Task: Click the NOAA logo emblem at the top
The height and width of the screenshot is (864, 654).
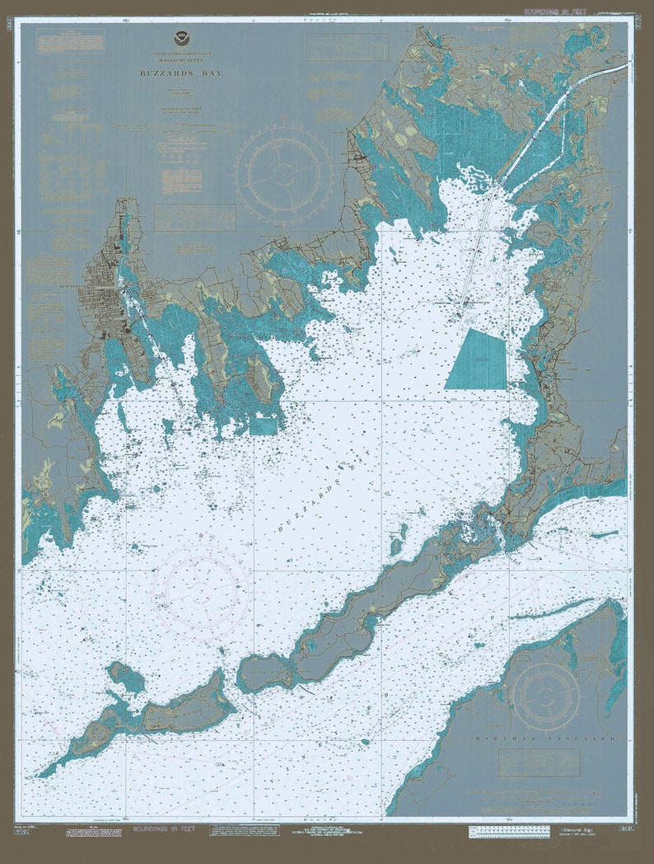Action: [180, 38]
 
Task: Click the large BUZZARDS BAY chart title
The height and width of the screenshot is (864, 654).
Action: [180, 73]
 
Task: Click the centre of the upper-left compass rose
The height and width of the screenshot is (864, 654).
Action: [283, 171]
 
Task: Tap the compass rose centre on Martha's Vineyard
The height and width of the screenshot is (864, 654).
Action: [546, 697]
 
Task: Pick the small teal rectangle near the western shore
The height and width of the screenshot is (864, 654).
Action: [263, 425]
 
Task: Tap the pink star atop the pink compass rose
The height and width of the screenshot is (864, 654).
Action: [203, 537]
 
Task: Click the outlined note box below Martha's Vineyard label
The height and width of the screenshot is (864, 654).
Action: [539, 763]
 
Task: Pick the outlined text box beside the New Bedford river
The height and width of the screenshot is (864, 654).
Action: [194, 218]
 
